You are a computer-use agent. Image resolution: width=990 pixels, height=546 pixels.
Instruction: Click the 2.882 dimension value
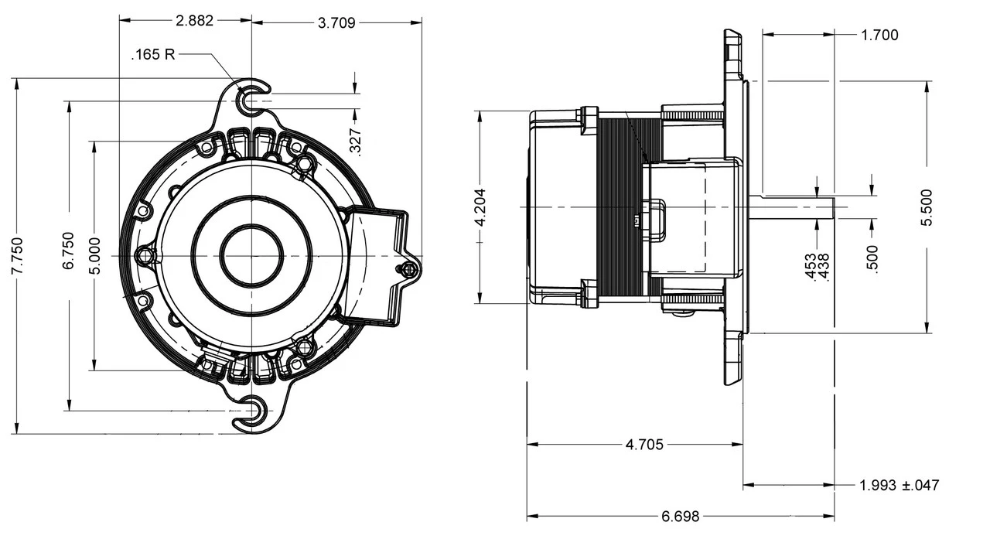[x=194, y=21]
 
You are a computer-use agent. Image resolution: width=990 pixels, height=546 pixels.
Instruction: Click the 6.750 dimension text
[x=70, y=250]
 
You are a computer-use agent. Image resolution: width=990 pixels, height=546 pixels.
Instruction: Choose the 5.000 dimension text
[x=94, y=255]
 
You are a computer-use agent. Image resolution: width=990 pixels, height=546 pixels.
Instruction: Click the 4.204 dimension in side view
[x=480, y=206]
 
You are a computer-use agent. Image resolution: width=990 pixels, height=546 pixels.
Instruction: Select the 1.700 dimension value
[x=879, y=34]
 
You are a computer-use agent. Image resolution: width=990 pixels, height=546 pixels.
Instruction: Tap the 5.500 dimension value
[x=927, y=206]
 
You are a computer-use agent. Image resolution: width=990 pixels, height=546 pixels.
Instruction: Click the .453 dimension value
[x=810, y=268]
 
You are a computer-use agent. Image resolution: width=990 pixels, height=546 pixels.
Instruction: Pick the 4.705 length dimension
[x=643, y=445]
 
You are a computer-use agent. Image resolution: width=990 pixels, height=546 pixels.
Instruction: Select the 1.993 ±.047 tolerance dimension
[x=900, y=485]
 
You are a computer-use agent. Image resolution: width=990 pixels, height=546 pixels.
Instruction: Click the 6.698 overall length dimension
[x=681, y=517]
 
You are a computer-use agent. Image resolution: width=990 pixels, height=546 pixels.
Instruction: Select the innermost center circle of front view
[x=251, y=256]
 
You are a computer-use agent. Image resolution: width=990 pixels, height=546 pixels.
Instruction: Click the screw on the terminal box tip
[x=408, y=268]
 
